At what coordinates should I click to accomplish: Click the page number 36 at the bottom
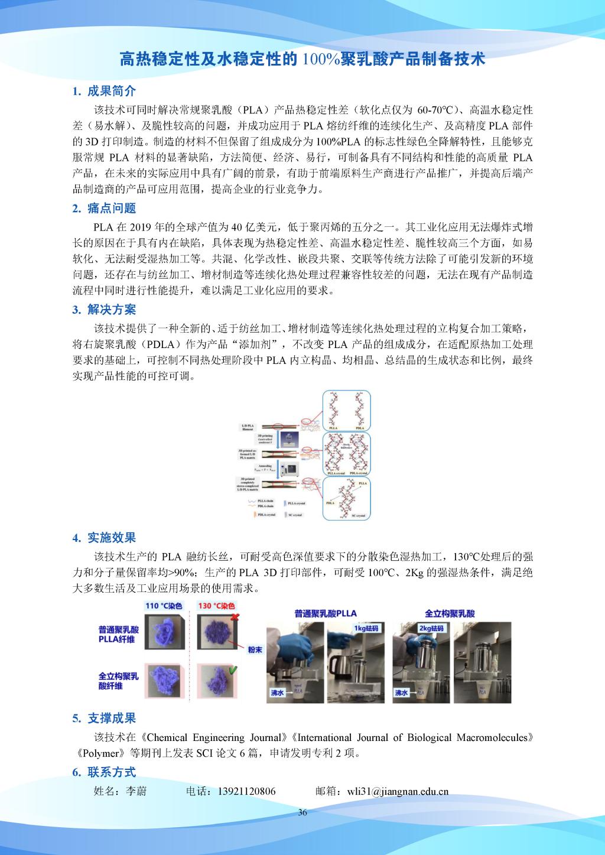tap(302, 812)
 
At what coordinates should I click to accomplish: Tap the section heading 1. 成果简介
tap(104, 91)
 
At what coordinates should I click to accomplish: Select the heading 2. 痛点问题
tap(104, 208)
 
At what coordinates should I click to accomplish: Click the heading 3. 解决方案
tap(104, 310)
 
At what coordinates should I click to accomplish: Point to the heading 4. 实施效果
tap(104, 538)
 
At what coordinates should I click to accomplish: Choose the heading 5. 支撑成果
tap(104, 719)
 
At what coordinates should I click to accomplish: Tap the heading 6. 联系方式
tap(104, 772)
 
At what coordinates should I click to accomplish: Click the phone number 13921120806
tap(246, 791)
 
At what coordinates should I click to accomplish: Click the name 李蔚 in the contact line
tap(136, 791)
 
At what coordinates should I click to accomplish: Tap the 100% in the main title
tap(318, 60)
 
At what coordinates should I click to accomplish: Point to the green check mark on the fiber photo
tap(233, 669)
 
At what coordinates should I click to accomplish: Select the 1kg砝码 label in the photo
tap(367, 628)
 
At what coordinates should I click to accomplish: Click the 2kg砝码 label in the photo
tap(430, 628)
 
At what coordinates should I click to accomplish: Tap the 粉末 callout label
tap(255, 649)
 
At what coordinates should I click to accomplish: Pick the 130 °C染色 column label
tap(216, 606)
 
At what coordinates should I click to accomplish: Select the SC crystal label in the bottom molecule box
tap(357, 516)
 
